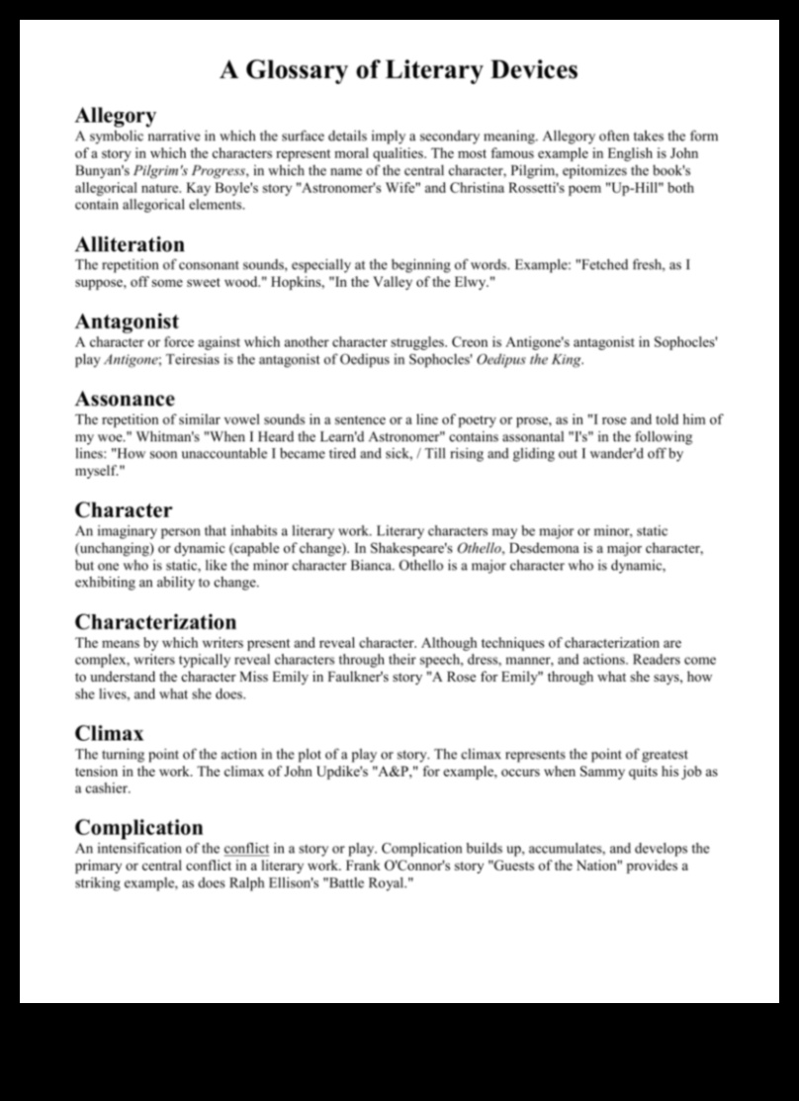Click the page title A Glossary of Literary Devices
pyautogui.click(x=399, y=70)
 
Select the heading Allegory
pyautogui.click(x=115, y=116)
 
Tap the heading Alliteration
pyautogui.click(x=130, y=243)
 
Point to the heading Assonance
pyautogui.click(x=125, y=399)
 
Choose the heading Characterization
pyautogui.click(x=155, y=622)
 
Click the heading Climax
pyautogui.click(x=109, y=734)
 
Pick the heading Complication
pyautogui.click(x=138, y=827)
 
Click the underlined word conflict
pyautogui.click(x=246, y=849)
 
